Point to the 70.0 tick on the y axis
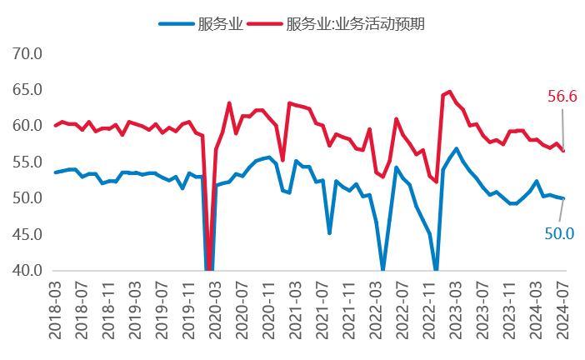26,54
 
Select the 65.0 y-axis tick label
26,90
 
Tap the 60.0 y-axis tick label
26,126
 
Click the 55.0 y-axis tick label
26,162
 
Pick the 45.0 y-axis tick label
26,234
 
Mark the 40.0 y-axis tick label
26,271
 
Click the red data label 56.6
562,97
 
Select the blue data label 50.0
559,233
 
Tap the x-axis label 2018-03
56,308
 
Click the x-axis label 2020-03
216,308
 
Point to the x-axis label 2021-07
322,308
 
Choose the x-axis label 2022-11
429,308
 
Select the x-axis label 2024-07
562,308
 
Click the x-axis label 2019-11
189,308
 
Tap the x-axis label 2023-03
456,308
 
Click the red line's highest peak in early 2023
450,92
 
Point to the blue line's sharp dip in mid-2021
330,232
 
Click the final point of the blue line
563,198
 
